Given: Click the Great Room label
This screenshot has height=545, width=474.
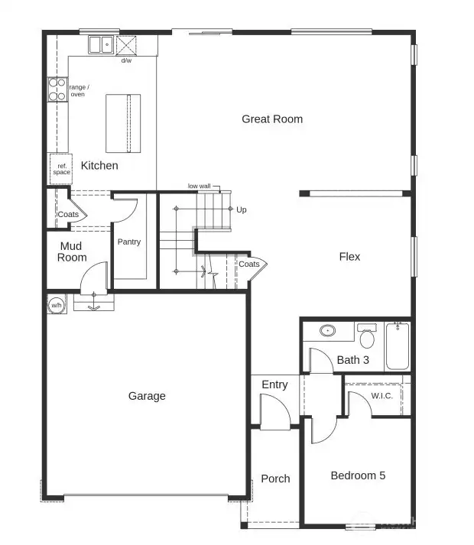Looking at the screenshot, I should pyautogui.click(x=272, y=118).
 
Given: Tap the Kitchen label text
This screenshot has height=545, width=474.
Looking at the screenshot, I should pyautogui.click(x=99, y=165).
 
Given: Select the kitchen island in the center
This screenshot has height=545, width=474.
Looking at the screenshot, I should pyautogui.click(x=123, y=123).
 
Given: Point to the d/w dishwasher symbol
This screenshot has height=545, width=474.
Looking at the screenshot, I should pyautogui.click(x=125, y=47).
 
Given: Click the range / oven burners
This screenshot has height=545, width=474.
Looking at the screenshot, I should pyautogui.click(x=57, y=90).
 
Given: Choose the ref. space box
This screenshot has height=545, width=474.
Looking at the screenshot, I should pyautogui.click(x=61, y=168).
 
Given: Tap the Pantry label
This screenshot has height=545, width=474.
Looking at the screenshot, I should pyautogui.click(x=129, y=242).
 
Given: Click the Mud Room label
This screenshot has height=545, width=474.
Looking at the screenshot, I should pyautogui.click(x=72, y=252).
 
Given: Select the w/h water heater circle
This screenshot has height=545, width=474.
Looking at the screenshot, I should pyautogui.click(x=57, y=306).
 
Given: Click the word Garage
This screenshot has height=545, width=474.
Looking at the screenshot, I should pyautogui.click(x=147, y=396).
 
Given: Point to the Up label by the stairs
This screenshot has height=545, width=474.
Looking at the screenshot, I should pyautogui.click(x=242, y=209).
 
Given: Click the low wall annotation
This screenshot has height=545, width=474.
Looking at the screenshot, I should pyautogui.click(x=200, y=187).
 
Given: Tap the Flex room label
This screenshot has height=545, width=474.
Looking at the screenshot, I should pyautogui.click(x=349, y=257).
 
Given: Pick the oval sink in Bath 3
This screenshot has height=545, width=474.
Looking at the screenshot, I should pyautogui.click(x=328, y=332).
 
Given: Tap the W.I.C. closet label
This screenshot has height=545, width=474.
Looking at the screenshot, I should pyautogui.click(x=381, y=396).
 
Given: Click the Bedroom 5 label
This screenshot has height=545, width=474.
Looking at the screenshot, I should pyautogui.click(x=358, y=475).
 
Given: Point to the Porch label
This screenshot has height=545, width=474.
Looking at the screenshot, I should pyautogui.click(x=275, y=478).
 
